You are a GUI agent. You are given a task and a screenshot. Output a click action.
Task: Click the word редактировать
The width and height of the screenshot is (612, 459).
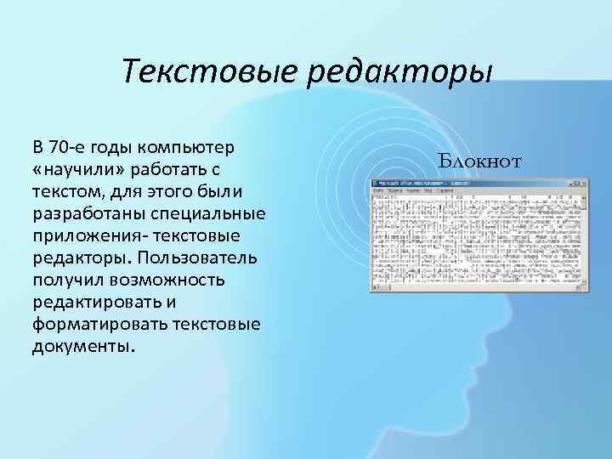pyautogui.click(x=96, y=301)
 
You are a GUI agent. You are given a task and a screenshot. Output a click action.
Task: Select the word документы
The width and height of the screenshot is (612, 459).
pyautogui.click(x=83, y=346)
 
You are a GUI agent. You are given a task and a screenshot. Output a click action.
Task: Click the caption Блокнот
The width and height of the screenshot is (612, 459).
pyautogui.click(x=480, y=159)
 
